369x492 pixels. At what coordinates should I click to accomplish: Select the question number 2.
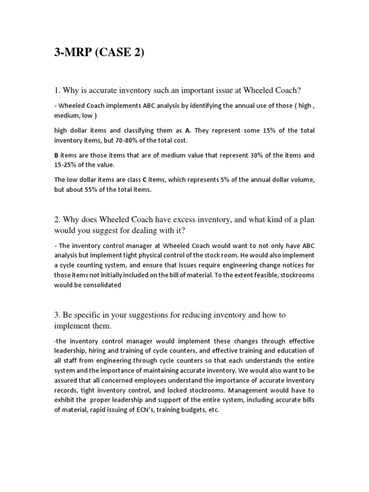56,219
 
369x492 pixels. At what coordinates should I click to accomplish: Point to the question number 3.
56,315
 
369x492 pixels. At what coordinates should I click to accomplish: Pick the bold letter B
56,155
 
